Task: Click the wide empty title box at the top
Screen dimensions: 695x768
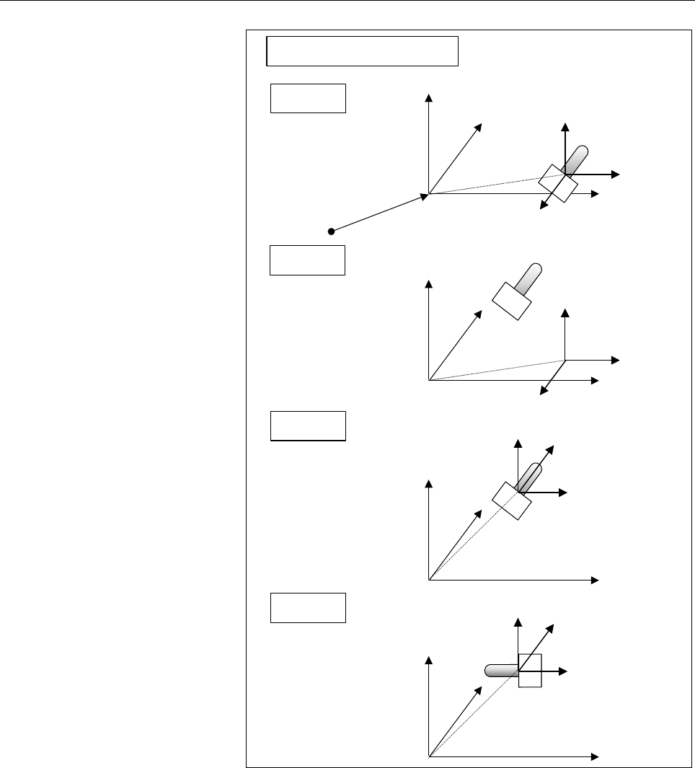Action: click(x=363, y=50)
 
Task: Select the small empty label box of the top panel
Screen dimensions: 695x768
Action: click(x=308, y=98)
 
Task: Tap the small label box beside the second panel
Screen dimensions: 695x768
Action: click(x=307, y=260)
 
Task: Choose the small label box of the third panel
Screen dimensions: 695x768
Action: click(x=308, y=425)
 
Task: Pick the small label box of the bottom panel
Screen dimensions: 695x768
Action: click(x=308, y=607)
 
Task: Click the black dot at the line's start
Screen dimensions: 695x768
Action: click(x=331, y=231)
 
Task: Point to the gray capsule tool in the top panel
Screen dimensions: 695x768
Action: click(x=576, y=159)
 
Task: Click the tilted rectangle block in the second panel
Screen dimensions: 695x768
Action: click(x=511, y=300)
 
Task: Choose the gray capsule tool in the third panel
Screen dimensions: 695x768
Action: click(x=531, y=476)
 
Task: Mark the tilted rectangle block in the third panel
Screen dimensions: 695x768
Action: click(x=511, y=500)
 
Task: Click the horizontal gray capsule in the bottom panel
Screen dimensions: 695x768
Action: click(x=501, y=671)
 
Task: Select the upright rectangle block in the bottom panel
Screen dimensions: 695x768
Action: click(x=530, y=671)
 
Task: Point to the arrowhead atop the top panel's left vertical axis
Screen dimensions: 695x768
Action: click(x=429, y=98)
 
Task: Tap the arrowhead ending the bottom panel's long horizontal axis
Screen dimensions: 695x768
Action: click(x=596, y=756)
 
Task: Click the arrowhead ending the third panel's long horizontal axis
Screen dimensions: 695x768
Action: click(x=596, y=579)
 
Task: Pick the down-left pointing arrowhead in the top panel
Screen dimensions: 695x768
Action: click(x=543, y=208)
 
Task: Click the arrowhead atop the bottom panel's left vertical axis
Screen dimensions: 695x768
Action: click(x=429, y=659)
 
